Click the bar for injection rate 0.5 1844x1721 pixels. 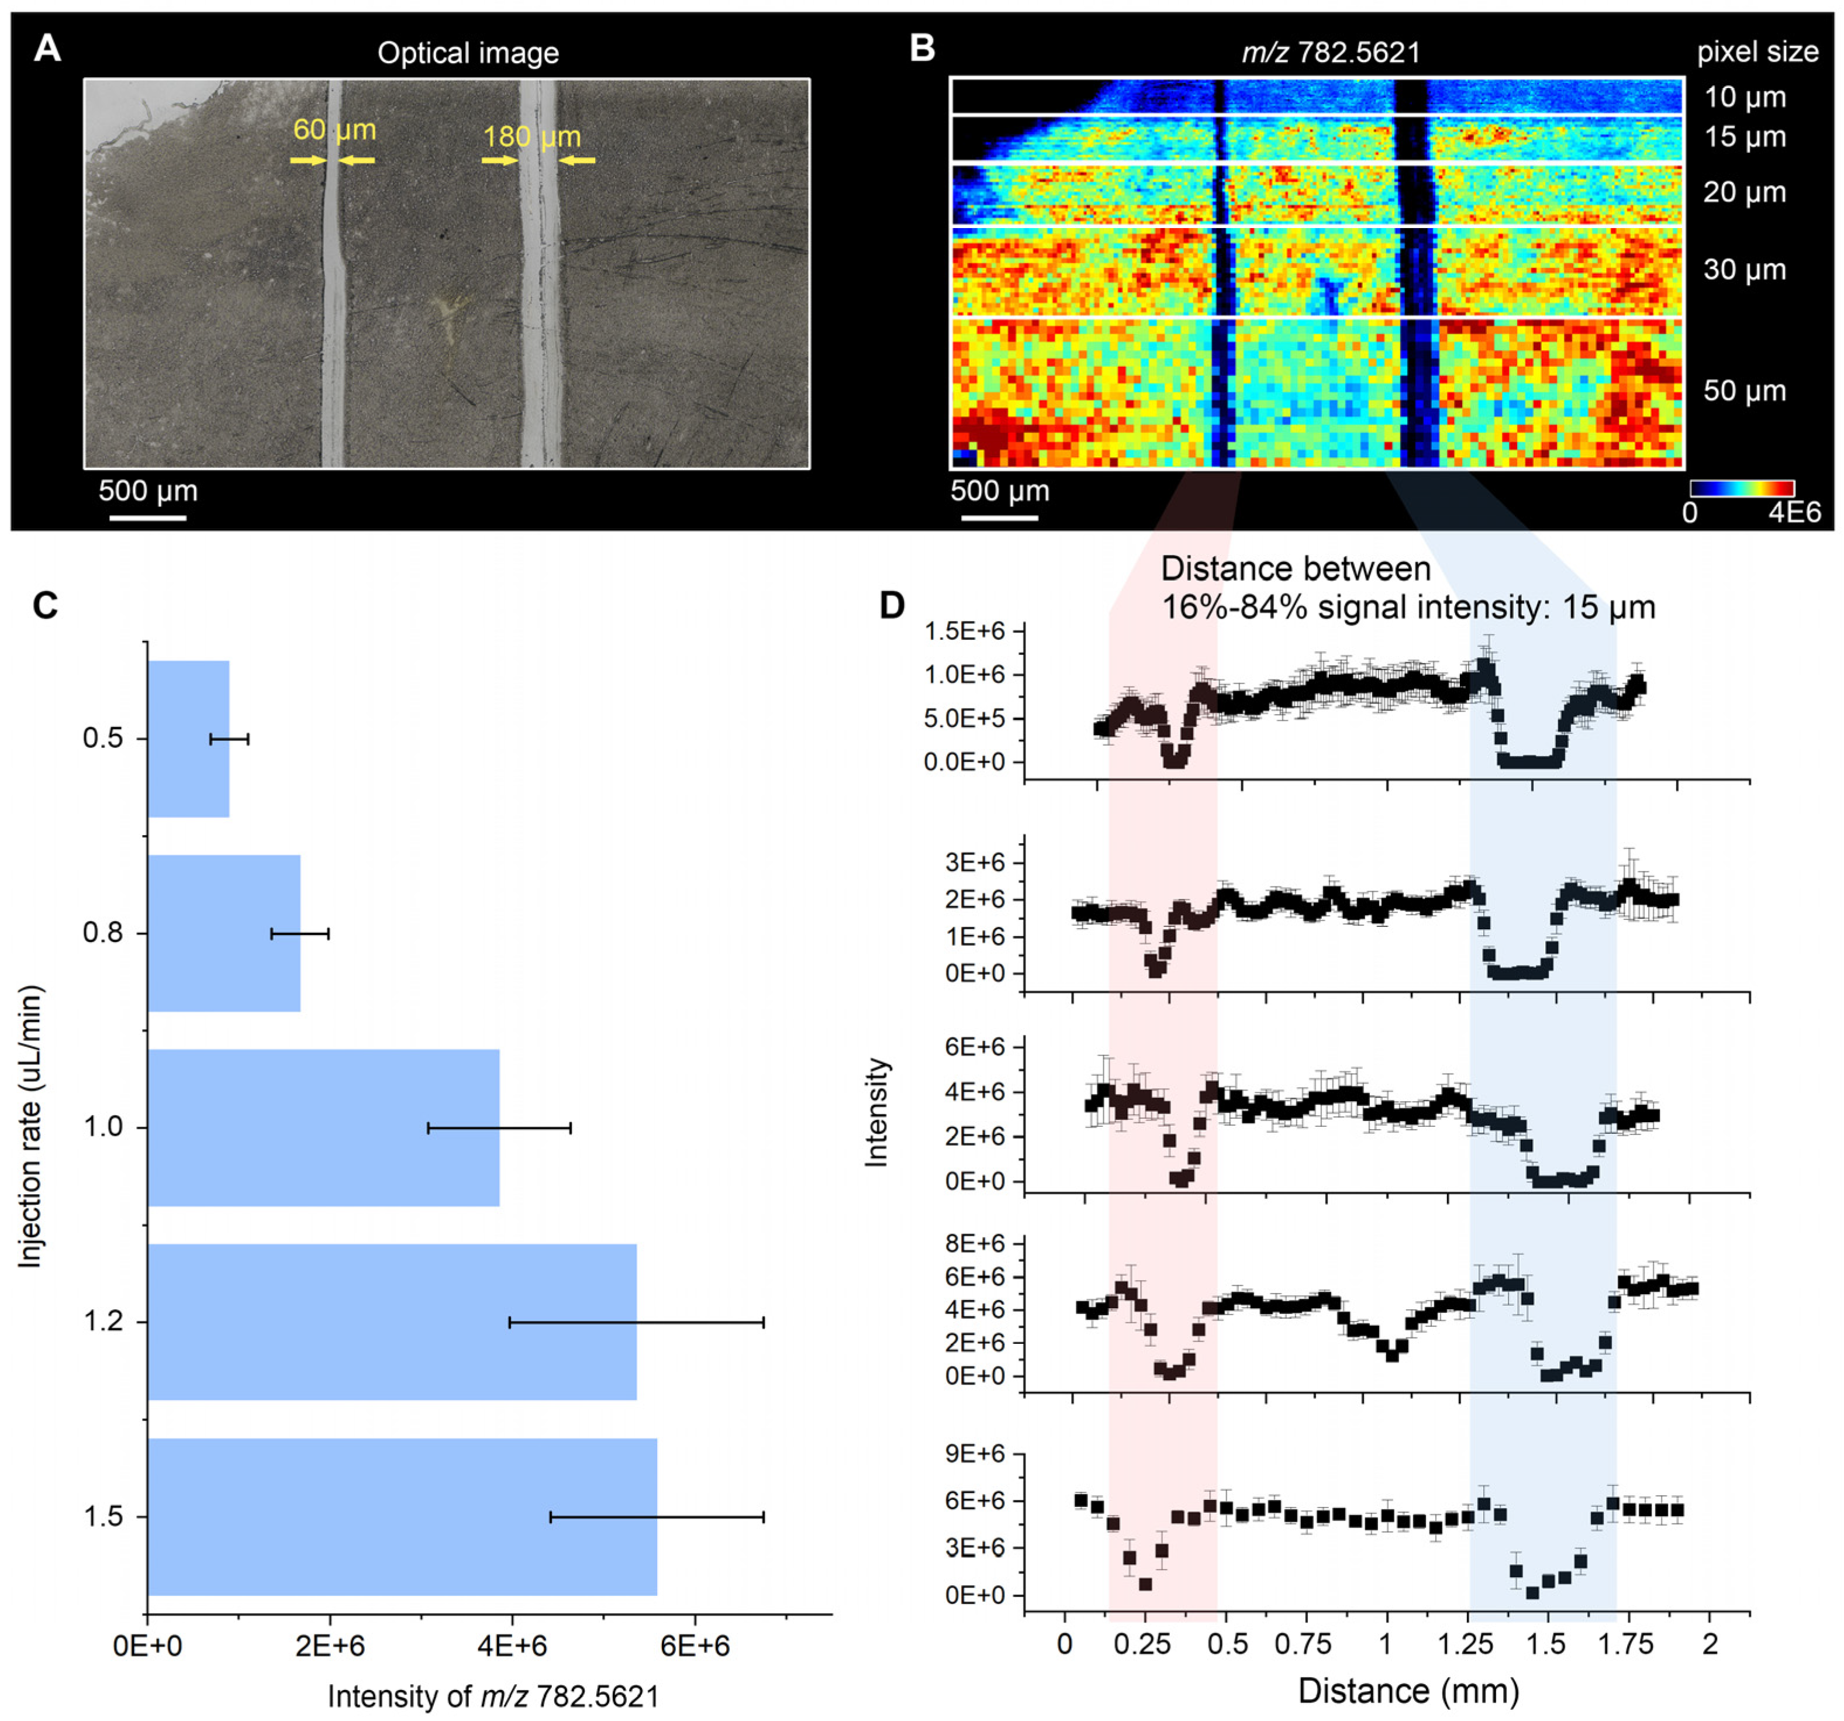point(188,739)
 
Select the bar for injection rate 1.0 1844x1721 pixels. point(324,1127)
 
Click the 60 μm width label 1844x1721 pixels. point(335,130)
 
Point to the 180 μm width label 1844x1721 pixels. point(533,137)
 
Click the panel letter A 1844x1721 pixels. point(47,48)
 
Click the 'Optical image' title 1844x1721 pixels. point(468,53)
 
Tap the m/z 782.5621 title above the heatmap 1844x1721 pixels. point(1331,52)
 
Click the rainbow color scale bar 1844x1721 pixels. point(1742,489)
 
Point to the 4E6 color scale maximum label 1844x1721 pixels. point(1794,512)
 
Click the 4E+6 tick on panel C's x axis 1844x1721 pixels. point(512,1645)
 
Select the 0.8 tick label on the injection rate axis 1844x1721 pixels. point(103,932)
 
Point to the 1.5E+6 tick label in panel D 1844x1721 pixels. point(964,631)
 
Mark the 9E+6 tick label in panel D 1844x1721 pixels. point(976,1453)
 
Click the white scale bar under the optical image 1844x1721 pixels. point(149,517)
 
